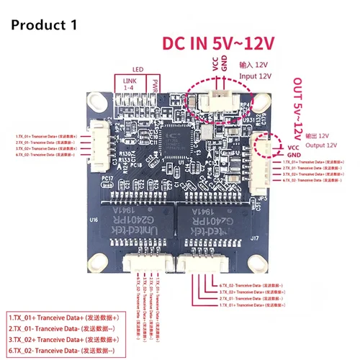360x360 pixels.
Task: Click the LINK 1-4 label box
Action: (130, 85)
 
